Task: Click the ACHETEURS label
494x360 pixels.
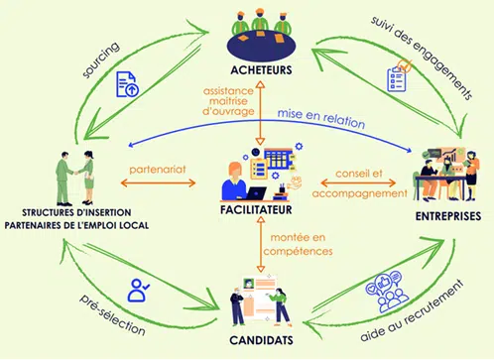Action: (x=261, y=70)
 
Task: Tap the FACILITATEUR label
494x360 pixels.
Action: (x=256, y=209)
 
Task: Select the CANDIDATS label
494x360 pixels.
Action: (x=261, y=340)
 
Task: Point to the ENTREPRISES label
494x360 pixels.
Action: (x=448, y=216)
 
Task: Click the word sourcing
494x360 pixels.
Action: (x=101, y=60)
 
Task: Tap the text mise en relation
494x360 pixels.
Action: (x=321, y=118)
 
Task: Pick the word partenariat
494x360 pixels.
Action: (x=158, y=170)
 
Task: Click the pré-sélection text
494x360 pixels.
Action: (x=112, y=314)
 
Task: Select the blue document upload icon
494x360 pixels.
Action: (x=127, y=84)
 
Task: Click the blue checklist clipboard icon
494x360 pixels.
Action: (x=398, y=76)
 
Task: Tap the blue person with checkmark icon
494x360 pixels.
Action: (x=138, y=290)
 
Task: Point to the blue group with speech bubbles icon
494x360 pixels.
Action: (x=386, y=292)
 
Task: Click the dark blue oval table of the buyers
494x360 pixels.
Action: (x=261, y=47)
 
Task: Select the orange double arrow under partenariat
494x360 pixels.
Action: (x=158, y=182)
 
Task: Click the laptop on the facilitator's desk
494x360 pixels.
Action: (x=255, y=193)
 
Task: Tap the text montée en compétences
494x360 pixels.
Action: (x=298, y=244)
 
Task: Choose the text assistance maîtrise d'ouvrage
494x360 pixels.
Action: (x=228, y=101)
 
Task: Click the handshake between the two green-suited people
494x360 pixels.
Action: (x=76, y=173)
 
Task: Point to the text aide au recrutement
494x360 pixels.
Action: (x=412, y=310)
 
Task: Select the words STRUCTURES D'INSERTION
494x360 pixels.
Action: (x=76, y=212)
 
